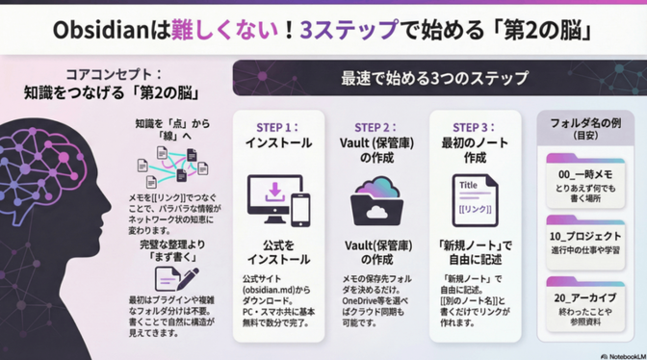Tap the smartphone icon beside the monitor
[301, 206]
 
